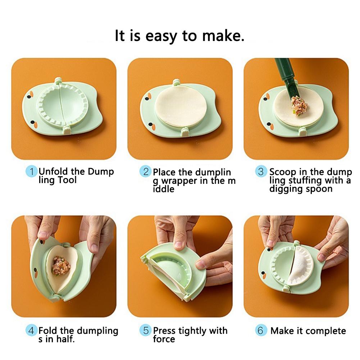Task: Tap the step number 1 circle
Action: [32, 172]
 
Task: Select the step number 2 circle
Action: [145, 172]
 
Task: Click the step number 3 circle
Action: [261, 172]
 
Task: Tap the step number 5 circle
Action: [146, 330]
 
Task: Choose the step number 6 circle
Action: [261, 330]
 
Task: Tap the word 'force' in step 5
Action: [164, 339]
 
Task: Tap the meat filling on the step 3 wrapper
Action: [299, 105]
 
